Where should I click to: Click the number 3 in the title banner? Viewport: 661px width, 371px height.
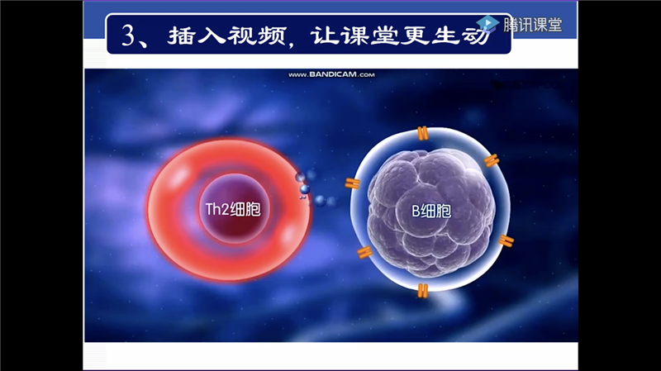pyautogui.click(x=129, y=36)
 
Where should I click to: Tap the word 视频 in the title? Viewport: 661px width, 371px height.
pyautogui.click(x=257, y=36)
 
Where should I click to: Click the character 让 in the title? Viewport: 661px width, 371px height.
pyautogui.click(x=324, y=36)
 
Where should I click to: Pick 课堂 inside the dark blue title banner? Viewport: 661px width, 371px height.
pyautogui.click(x=369, y=36)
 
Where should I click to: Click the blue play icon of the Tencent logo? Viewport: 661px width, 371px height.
pyautogui.click(x=488, y=24)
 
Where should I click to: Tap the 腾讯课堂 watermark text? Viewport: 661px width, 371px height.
pyautogui.click(x=532, y=25)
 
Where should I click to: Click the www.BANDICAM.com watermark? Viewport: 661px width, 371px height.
pyautogui.click(x=331, y=74)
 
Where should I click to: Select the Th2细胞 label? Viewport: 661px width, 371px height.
pyautogui.click(x=233, y=209)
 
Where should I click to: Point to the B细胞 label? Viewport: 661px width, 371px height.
pyautogui.click(x=431, y=211)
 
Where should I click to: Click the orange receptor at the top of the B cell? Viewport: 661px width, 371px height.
pyautogui.click(x=422, y=133)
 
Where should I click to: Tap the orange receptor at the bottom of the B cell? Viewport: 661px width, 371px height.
pyautogui.click(x=422, y=291)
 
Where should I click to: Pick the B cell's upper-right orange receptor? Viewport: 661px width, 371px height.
pyautogui.click(x=492, y=160)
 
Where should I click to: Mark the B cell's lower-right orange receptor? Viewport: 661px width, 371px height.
pyautogui.click(x=506, y=240)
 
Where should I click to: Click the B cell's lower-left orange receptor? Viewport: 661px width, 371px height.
pyautogui.click(x=364, y=252)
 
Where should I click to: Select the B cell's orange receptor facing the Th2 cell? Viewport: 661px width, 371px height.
pyautogui.click(x=353, y=183)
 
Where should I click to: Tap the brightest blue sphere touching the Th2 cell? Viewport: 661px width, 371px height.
pyautogui.click(x=304, y=189)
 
